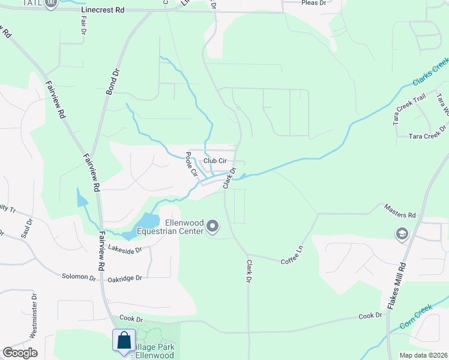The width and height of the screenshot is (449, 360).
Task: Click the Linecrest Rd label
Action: pos(104,10)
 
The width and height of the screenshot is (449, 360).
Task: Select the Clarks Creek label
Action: pos(430,71)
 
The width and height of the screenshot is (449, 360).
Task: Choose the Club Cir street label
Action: pos(215,160)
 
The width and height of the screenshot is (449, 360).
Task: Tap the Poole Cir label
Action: pos(191,164)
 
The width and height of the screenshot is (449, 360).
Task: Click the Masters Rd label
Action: pos(403,215)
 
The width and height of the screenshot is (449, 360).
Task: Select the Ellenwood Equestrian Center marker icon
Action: pos(212,226)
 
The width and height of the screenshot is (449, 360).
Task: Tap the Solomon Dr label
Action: pos(79,277)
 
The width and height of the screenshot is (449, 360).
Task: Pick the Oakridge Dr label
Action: pos(125,278)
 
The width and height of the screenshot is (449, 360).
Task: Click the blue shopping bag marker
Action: pos(124,340)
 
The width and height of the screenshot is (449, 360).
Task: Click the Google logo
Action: pos(20,353)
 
